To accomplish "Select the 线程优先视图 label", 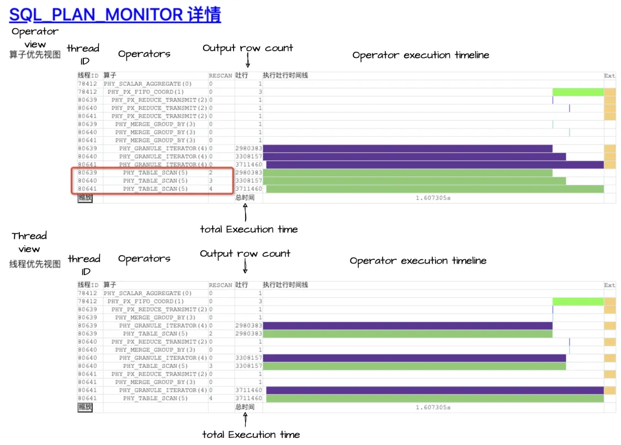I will [35, 264].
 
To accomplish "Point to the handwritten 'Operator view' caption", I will [35, 37].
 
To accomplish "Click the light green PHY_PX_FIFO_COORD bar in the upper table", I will [578, 92].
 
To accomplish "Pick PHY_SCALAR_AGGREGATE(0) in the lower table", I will [147, 293].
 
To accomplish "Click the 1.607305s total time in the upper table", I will [433, 197].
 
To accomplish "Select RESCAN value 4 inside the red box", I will [211, 189].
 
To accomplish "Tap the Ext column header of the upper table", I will [609, 76].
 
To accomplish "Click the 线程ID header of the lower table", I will [88, 285].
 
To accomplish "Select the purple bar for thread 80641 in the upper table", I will [435, 165].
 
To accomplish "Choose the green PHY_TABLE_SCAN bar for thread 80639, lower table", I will [408, 334].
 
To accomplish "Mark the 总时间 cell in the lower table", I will [245, 408].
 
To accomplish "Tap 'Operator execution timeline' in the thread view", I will [418, 261].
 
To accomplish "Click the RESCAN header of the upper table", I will [220, 76].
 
